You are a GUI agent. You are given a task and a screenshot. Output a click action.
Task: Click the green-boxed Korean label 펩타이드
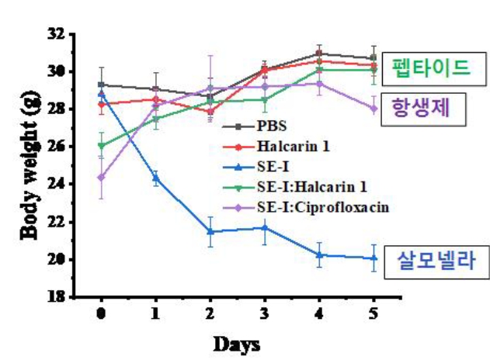430,68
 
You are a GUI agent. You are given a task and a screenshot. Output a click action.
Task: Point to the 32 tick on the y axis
57,34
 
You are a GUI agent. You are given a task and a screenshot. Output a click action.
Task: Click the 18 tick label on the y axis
57,296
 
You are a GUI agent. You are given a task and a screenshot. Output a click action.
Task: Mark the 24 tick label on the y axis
57,184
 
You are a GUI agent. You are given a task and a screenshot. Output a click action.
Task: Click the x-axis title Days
236,342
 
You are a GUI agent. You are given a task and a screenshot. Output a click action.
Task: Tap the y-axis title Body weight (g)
25,164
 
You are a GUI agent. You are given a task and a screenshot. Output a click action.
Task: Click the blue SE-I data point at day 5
374,258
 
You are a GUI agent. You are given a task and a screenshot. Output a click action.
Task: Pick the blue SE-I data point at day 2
210,231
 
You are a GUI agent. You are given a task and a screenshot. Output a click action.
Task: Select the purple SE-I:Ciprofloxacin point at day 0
101,177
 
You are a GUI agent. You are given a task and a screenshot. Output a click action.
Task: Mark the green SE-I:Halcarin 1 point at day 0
101,145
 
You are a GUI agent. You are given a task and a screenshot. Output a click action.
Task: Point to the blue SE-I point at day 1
155,178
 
